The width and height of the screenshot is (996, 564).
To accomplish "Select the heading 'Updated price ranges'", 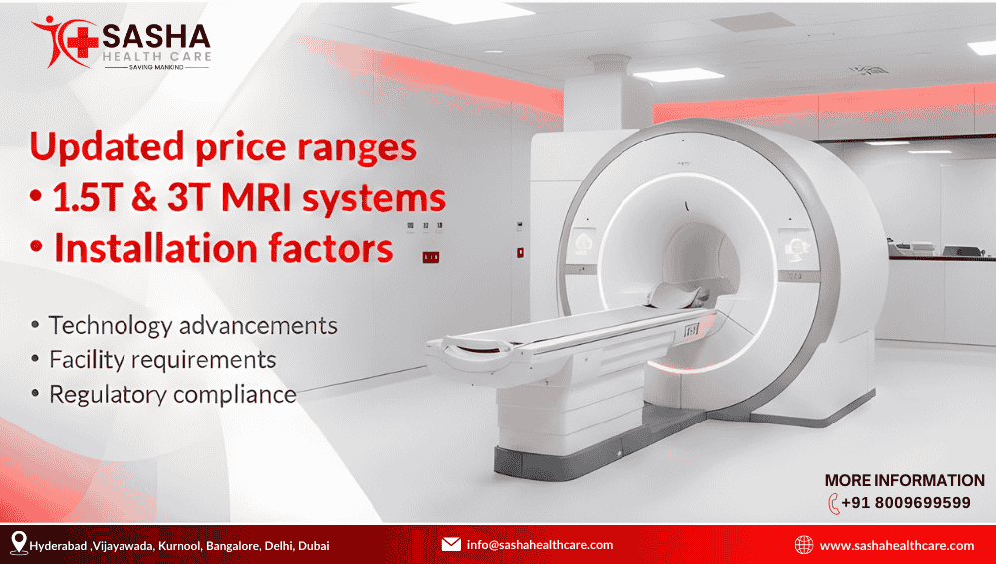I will coord(223,147).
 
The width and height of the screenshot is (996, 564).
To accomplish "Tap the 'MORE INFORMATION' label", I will coord(904,480).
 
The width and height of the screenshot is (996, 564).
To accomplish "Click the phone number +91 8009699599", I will coord(905,503).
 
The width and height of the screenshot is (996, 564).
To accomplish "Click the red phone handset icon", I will coord(833,504).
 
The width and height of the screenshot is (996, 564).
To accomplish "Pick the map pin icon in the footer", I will coord(18,543).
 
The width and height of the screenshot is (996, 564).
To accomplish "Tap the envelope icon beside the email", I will coord(451,544).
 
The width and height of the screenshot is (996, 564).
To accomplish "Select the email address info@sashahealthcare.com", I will coord(539,545).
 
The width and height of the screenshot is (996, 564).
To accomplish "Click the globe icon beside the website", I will coord(804,544).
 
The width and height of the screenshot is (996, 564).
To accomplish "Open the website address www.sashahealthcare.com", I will coord(896,545).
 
